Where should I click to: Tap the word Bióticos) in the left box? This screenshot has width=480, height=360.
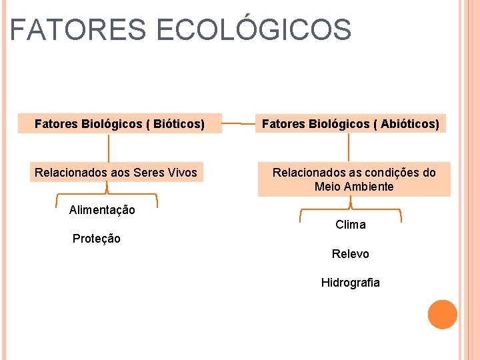click(x=179, y=123)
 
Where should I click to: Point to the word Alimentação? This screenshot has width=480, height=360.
click(x=102, y=210)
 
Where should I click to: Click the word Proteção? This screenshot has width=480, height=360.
click(x=97, y=239)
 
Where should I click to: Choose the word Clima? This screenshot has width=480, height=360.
click(x=351, y=225)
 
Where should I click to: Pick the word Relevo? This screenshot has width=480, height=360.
click(x=351, y=254)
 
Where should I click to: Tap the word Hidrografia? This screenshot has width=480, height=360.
click(x=351, y=283)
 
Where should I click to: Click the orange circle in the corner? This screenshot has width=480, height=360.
click(x=443, y=315)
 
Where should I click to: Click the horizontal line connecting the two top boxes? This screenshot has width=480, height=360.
click(x=239, y=123)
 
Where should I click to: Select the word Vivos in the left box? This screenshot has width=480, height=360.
click(x=183, y=173)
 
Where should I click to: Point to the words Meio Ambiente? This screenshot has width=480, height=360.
click(x=354, y=187)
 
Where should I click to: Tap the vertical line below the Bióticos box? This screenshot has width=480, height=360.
click(x=109, y=147)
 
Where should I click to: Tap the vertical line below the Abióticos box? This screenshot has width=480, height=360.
click(x=351, y=147)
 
